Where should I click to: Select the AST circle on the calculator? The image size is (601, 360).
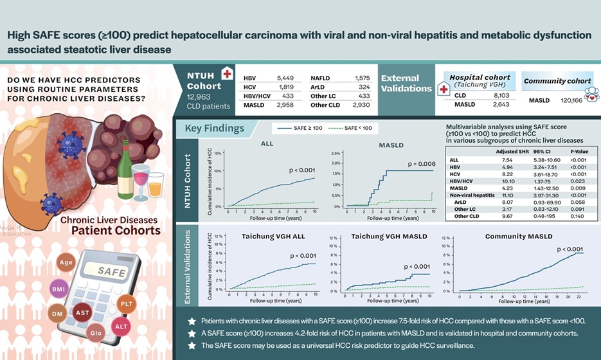point(83,312)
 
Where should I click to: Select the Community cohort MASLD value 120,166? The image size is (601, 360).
point(570,101)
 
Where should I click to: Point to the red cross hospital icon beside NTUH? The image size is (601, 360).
point(226,73)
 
